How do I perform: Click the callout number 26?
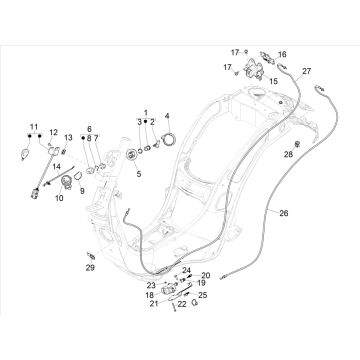tap(284, 213)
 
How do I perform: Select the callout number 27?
tap(307, 71)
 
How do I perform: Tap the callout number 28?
tap(288, 154)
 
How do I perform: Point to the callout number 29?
tap(90, 267)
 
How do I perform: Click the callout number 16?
tap(282, 54)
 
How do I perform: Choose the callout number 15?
tap(273, 81)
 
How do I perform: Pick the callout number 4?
tap(167, 116)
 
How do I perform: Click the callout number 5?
tap(139, 174)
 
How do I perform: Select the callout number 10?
tap(59, 198)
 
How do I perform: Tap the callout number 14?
tap(57, 166)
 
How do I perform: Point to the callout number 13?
tap(68, 137)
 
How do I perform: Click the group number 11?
tap(34, 127)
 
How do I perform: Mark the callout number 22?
tap(182, 304)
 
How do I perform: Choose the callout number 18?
tap(149, 295)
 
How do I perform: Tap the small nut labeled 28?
tap(298, 144)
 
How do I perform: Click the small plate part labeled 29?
tap(91, 256)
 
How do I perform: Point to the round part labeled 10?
tap(66, 182)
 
